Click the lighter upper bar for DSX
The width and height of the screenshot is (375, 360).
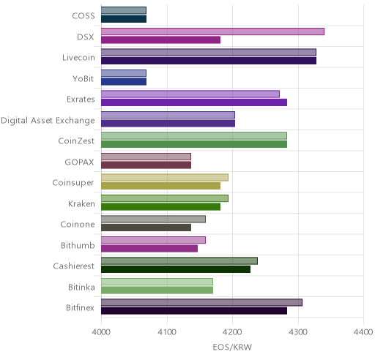212,31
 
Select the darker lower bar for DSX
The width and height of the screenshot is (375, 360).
160,40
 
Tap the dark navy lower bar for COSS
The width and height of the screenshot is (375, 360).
124,19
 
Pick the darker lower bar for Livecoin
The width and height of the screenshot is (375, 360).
209,61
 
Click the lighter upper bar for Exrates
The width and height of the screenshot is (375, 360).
190,94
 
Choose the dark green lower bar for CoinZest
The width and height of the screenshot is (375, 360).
194,144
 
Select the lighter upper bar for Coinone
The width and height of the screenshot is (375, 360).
153,220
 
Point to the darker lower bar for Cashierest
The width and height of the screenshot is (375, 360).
176,269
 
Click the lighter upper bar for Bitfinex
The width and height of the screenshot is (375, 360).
201,302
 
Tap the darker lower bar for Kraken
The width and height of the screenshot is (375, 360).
160,206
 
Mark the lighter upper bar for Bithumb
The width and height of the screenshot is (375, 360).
153,240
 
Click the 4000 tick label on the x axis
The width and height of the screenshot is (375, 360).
101,332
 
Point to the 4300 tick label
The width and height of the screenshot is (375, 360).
298,332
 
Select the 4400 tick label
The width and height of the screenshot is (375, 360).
363,332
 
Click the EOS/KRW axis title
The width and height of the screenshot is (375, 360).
232,347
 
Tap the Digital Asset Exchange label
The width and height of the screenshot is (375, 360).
48,121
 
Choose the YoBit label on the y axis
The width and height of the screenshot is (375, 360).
83,78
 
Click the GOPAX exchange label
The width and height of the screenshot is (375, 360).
79,162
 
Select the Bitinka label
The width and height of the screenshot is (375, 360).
81,287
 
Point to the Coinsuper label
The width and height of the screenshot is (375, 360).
73,183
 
